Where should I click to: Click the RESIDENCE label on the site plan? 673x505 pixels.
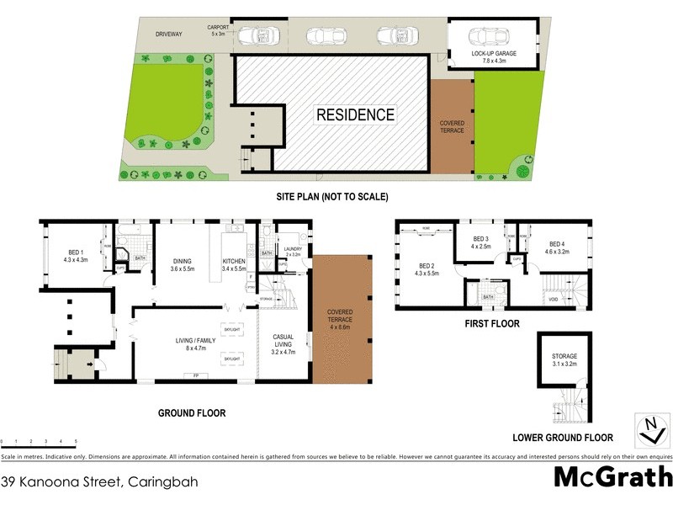click(355, 114)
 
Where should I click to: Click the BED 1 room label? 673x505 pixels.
click(76, 254)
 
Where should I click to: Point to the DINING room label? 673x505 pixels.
click(183, 265)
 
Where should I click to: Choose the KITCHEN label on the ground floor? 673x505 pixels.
click(233, 265)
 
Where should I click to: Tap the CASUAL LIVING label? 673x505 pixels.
click(284, 341)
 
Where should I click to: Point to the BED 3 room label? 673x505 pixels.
click(481, 242)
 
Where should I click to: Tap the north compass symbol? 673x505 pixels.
click(649, 429)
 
